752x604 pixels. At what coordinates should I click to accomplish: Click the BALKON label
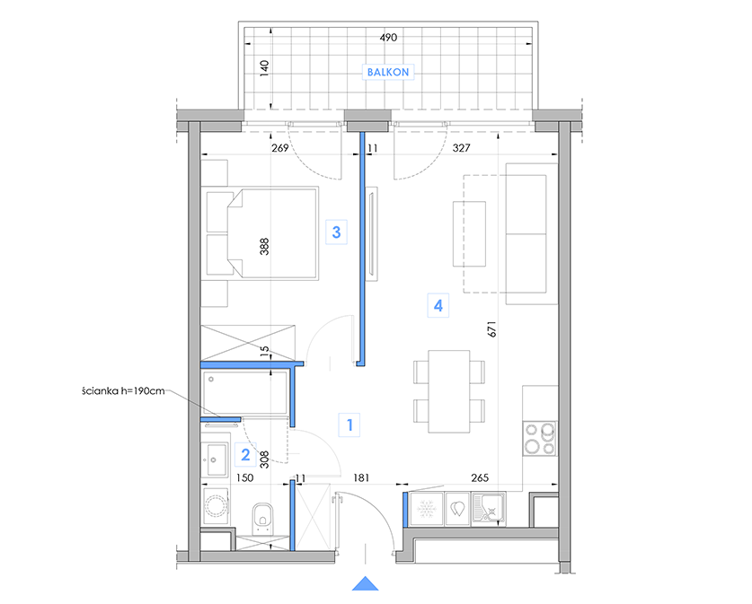click(x=388, y=73)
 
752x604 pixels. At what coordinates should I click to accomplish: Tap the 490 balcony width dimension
click(x=388, y=38)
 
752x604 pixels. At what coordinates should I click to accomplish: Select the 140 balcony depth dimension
click(x=264, y=68)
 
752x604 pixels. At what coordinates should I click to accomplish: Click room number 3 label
click(x=336, y=232)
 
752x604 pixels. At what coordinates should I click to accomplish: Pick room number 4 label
click(x=438, y=306)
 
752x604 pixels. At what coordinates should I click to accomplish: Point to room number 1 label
click(x=349, y=425)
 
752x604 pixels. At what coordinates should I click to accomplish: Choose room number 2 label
click(x=245, y=454)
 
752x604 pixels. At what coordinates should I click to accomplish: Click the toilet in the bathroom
click(x=261, y=518)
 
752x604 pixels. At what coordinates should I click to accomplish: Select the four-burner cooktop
click(x=540, y=439)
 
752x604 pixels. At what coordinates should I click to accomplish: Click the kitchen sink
click(x=488, y=509)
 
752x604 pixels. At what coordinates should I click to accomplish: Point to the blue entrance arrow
click(x=366, y=583)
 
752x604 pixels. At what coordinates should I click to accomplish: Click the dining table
click(x=449, y=391)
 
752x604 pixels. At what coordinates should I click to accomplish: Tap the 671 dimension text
click(x=492, y=329)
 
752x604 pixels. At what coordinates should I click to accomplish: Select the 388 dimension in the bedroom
click(x=264, y=247)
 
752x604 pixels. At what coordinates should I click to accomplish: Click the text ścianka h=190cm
click(x=123, y=391)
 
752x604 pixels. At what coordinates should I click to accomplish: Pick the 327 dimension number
click(x=462, y=148)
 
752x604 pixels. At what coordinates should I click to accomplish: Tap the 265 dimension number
click(x=480, y=477)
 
